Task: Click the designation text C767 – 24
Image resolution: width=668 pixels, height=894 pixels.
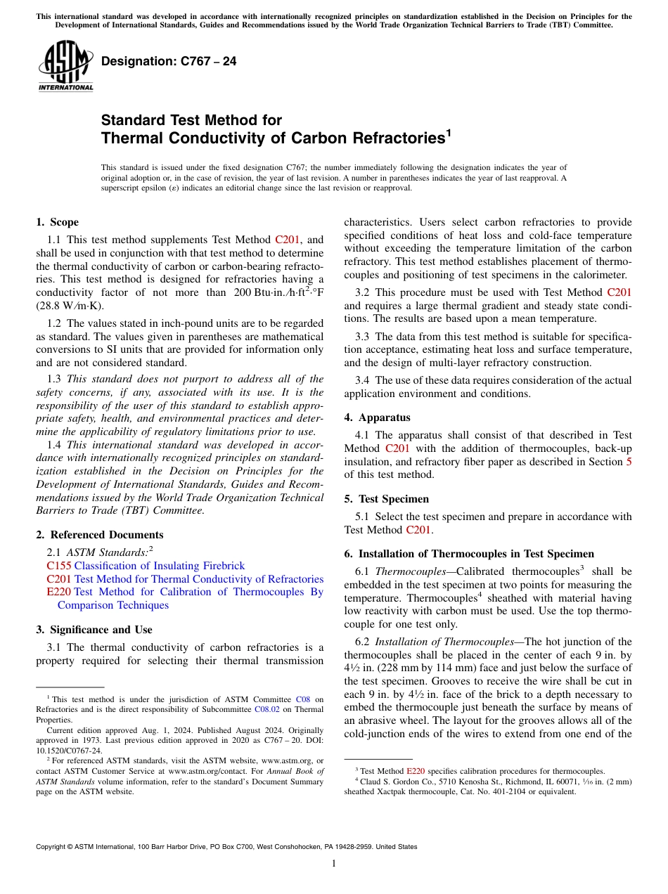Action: (169, 62)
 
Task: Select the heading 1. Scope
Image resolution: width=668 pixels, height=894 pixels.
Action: (57, 222)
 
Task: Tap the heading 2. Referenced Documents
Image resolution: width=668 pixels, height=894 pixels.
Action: (99, 535)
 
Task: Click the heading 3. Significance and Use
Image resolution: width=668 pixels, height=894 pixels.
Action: (94, 630)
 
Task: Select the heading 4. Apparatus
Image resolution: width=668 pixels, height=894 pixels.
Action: (377, 417)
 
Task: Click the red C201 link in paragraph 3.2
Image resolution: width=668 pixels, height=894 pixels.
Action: (619, 292)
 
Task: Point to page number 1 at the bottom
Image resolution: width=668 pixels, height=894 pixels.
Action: (334, 864)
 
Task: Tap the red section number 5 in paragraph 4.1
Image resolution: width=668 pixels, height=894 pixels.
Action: (628, 462)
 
